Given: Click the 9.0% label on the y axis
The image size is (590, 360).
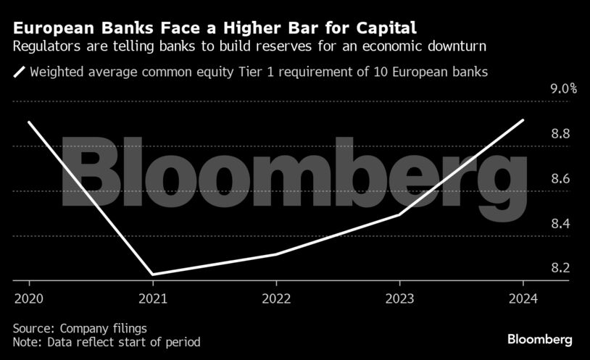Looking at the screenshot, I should [x=563, y=90].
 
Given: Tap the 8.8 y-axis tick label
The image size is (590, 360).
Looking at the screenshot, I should [x=560, y=134].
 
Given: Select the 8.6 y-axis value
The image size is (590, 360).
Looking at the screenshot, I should [x=560, y=179].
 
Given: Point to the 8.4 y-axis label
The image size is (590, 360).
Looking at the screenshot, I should [x=560, y=223].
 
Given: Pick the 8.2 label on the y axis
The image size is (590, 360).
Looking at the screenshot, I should [x=560, y=268].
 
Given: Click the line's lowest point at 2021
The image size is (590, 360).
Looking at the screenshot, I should [x=153, y=275].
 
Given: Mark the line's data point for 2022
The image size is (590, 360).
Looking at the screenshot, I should [x=276, y=254].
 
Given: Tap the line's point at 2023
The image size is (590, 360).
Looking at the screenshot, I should [x=399, y=214].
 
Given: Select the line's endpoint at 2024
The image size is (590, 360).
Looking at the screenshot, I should [x=523, y=120].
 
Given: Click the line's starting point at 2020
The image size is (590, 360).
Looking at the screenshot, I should [x=29, y=122].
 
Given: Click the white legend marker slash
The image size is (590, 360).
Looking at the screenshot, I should [x=19, y=72].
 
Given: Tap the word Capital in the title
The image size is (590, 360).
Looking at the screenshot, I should [x=380, y=29].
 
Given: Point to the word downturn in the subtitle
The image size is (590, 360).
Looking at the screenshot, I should [x=456, y=47].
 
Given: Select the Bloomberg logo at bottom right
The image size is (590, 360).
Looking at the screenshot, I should [x=540, y=338].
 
